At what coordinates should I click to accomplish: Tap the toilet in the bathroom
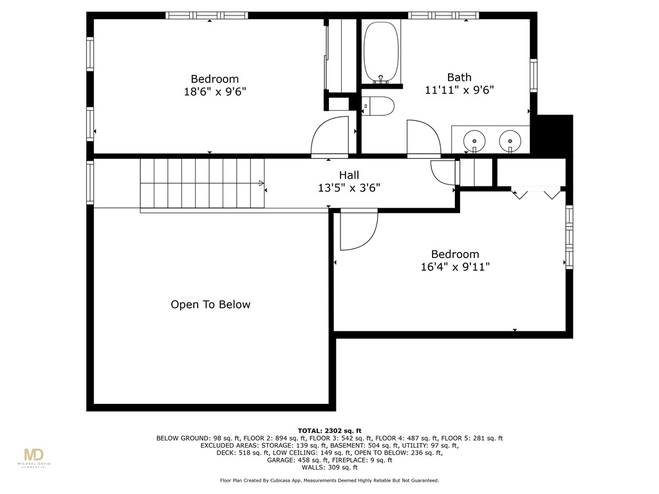378,106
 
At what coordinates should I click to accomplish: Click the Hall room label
349,175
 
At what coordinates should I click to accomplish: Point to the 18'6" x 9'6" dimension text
215,92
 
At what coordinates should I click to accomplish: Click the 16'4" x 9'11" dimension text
455,267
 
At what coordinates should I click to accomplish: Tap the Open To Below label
210,305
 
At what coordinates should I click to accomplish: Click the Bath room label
459,77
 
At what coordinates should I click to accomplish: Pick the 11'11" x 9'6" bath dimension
459,91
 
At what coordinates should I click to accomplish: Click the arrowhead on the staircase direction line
261,183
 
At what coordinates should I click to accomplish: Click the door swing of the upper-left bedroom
329,136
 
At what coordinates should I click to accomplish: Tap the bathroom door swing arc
423,138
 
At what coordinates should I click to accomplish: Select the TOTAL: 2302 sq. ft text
329,430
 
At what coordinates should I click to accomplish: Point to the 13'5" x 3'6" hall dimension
349,188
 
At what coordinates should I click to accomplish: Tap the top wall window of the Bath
443,15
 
